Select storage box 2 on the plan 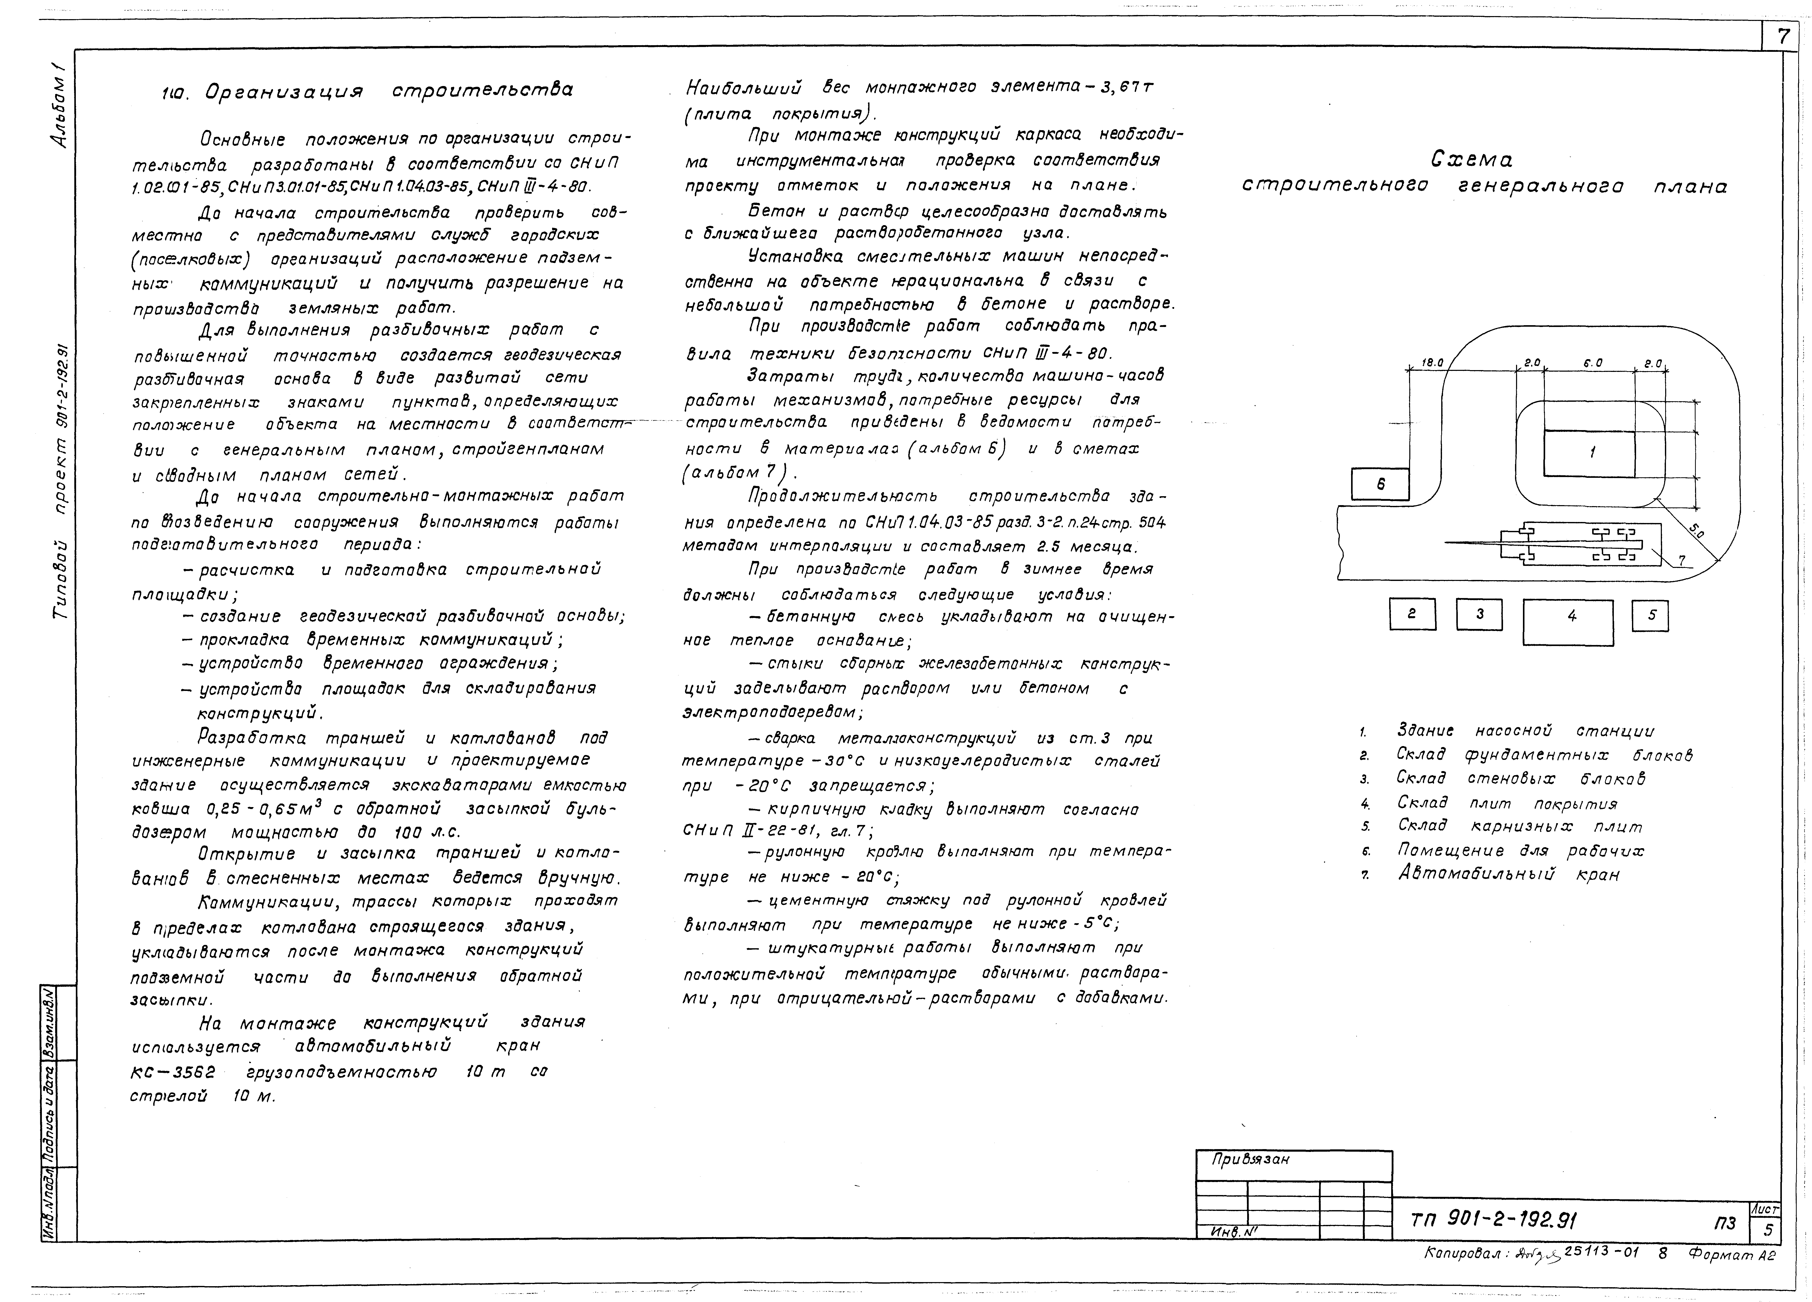(1412, 614)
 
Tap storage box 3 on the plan (1479, 614)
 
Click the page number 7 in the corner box (1782, 37)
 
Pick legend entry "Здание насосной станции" (1524, 731)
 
